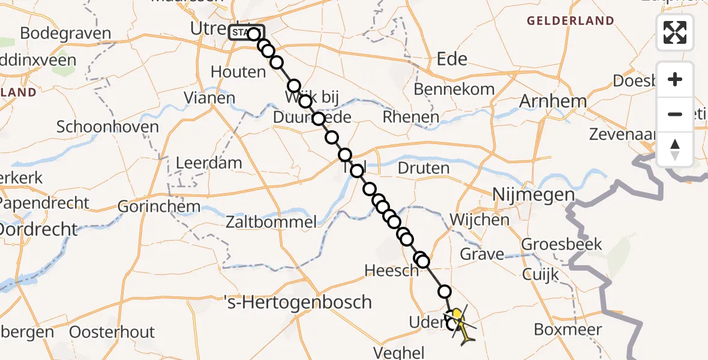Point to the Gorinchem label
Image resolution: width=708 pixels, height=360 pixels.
[x=159, y=207]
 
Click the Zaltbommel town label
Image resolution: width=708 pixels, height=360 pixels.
[x=271, y=222]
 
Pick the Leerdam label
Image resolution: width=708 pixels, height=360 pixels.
[x=209, y=163]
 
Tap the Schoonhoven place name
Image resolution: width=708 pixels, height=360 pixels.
[x=108, y=127]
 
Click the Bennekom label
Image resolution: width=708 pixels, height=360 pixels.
[x=455, y=89]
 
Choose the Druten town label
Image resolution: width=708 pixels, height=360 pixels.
[x=424, y=167]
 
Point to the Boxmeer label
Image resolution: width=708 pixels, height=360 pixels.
[x=563, y=330]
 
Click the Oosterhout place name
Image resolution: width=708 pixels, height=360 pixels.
[x=112, y=332]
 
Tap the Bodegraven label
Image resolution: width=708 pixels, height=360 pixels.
[x=65, y=33]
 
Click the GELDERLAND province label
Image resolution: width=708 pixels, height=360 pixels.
[x=571, y=21]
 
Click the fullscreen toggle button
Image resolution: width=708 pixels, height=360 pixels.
[x=675, y=32]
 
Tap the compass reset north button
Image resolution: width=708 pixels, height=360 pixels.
[x=675, y=149]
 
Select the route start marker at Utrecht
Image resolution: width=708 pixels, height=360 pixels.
[x=246, y=33]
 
